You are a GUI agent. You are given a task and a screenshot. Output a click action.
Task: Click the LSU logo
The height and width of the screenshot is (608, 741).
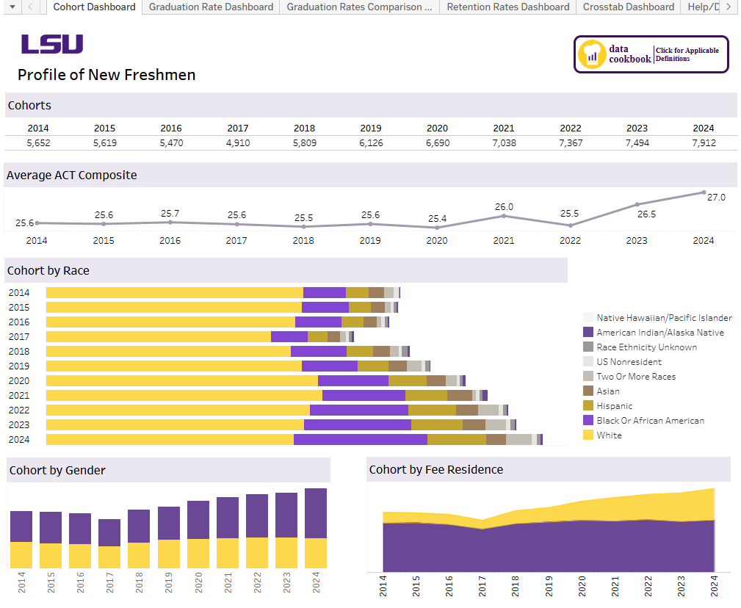coord(51,44)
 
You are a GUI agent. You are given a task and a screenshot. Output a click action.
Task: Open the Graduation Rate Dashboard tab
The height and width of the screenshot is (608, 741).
coord(211,7)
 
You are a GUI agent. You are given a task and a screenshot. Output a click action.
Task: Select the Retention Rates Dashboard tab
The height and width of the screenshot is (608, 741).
coord(507,7)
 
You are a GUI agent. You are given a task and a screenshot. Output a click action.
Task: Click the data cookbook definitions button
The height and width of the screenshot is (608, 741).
coord(651,54)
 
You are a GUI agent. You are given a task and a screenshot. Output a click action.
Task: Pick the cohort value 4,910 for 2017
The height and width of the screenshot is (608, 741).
coord(237,143)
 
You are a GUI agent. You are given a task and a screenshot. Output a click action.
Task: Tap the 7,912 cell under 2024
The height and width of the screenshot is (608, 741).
coord(703,143)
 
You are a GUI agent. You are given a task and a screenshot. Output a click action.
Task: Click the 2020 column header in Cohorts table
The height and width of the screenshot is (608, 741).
coord(437,129)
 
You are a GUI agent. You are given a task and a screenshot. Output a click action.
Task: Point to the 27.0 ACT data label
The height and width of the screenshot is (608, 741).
coord(715,197)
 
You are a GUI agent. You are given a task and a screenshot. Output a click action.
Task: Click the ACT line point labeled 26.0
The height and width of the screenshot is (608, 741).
coord(504,215)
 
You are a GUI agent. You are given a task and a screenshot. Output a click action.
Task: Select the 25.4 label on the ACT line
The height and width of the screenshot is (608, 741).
coord(437,218)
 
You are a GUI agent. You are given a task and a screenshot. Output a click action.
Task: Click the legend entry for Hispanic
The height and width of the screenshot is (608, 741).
coord(614,406)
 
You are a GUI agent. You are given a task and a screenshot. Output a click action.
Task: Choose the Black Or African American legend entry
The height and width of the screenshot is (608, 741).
coord(650,421)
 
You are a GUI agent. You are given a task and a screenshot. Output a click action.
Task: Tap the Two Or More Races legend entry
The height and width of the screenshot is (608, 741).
coord(636,377)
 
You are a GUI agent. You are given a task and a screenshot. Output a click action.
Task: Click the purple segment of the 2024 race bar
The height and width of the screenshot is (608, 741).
coord(360,439)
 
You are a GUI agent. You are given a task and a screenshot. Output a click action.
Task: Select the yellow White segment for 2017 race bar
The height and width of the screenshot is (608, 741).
coord(158,336)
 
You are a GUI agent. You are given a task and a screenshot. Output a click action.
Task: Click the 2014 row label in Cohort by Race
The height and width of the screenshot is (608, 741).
coord(19,293)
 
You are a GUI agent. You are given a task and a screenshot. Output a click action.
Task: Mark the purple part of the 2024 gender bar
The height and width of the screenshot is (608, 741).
coord(315,513)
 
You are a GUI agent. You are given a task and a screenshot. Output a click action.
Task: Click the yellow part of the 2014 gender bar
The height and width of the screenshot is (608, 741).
coord(21,554)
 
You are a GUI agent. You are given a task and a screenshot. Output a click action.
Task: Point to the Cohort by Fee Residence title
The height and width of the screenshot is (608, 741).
coord(435,470)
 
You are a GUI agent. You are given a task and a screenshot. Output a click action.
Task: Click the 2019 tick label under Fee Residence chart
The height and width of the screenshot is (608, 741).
coord(549,585)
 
